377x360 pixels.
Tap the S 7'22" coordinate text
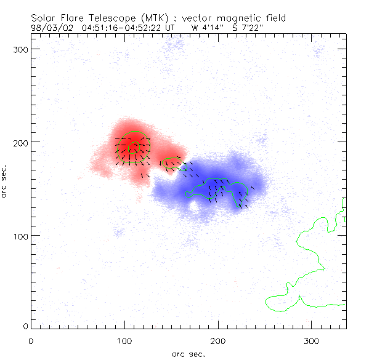click(x=248, y=27)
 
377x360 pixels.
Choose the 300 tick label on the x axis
click(x=311, y=340)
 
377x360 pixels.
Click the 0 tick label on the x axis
click(x=31, y=340)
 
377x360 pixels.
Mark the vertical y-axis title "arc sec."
click(x=5, y=181)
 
